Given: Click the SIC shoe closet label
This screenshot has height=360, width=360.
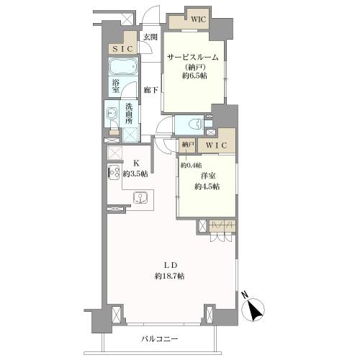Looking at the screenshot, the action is pyautogui.click(x=122, y=49).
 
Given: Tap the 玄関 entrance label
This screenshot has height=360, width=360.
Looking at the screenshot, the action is pyautogui.click(x=150, y=37).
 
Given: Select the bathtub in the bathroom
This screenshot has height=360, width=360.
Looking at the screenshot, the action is pyautogui.click(x=123, y=66).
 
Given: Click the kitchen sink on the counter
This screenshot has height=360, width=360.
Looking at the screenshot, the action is pyautogui.click(x=140, y=198).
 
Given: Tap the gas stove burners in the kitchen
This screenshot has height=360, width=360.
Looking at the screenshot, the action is pyautogui.click(x=114, y=173).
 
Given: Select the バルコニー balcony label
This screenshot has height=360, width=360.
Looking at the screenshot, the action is pyautogui.click(x=159, y=339).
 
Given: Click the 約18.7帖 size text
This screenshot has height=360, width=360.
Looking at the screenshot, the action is pyautogui.click(x=170, y=276).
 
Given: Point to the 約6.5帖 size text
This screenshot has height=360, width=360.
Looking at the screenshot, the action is pyautogui.click(x=194, y=76).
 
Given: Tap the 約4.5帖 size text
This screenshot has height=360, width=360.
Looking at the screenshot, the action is pyautogui.click(x=207, y=186).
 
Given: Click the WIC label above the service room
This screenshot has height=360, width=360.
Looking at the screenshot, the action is pyautogui.click(x=199, y=19).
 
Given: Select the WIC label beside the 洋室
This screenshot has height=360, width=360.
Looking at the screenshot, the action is pyautogui.click(x=216, y=145).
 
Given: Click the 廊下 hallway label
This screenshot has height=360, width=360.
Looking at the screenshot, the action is pyautogui.click(x=151, y=90).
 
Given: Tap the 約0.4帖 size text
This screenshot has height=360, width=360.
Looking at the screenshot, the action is pyautogui.click(x=192, y=165).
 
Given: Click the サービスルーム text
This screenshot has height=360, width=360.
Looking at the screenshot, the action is pyautogui.click(x=193, y=58).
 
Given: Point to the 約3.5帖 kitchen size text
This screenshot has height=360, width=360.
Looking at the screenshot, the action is pyautogui.click(x=135, y=174).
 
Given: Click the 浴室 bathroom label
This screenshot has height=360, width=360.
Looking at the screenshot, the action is pyautogui.click(x=116, y=86).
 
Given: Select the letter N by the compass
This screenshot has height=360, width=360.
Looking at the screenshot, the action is pyautogui.click(x=245, y=294).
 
